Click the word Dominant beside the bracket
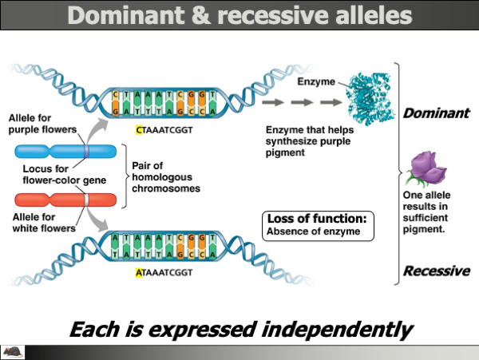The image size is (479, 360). click(435, 113)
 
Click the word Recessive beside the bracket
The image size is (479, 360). click(436, 271)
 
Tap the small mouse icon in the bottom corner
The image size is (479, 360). click(13, 351)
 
